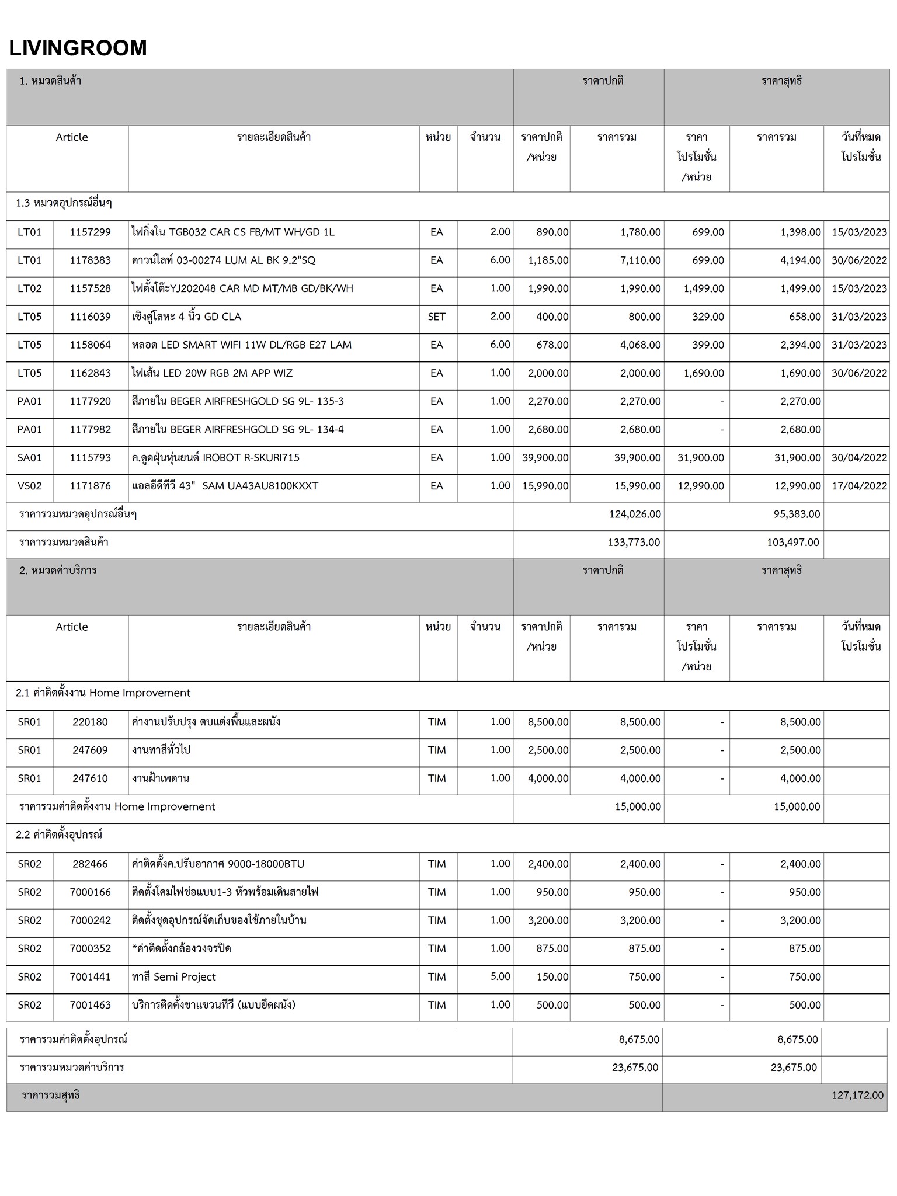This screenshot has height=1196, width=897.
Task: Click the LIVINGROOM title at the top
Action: coord(78,48)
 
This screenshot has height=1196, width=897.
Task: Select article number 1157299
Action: coord(90,232)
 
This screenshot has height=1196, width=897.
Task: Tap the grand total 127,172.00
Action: coord(857,1096)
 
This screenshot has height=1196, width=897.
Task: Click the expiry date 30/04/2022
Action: coord(859,458)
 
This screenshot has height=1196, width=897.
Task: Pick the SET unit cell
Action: coord(436,317)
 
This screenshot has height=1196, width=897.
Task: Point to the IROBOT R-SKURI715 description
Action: coord(215,458)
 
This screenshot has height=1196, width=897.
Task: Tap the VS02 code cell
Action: coord(29,486)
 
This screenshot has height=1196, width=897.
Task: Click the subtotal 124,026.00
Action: coord(635,514)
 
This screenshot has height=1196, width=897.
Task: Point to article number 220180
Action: coord(90,722)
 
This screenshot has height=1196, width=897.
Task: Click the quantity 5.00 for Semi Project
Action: coord(500,977)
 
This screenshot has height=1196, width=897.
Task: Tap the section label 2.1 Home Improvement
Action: coord(103,693)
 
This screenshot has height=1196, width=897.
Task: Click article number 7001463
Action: coord(90,1005)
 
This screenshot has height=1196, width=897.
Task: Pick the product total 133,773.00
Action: coord(634,543)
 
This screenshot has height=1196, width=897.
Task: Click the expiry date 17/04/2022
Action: coord(859,486)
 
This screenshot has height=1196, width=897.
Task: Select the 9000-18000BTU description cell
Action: coord(218,864)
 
